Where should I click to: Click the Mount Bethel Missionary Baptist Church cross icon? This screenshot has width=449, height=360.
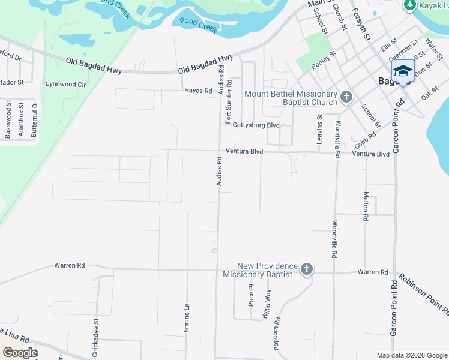pyautogui.click(x=346, y=97)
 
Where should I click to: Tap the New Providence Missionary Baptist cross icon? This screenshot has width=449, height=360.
pyautogui.click(x=306, y=269)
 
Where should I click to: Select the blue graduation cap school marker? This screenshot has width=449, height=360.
pyautogui.click(x=402, y=70)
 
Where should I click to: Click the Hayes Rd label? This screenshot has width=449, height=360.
pyautogui.click(x=198, y=91)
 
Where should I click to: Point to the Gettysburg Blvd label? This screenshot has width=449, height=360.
pyautogui.click(x=256, y=125)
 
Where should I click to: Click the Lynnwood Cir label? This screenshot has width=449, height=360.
pyautogui.click(x=70, y=85)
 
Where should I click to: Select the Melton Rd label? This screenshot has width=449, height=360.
pyautogui.click(x=365, y=206)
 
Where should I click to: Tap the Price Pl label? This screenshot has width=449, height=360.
pyautogui.click(x=251, y=295)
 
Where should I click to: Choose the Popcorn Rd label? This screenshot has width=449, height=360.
pyautogui.click(x=277, y=329)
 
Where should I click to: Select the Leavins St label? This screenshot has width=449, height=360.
pyautogui.click(x=319, y=130)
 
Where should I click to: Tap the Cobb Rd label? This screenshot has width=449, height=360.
pyautogui.click(x=365, y=140)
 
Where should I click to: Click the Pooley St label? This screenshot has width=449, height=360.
pyautogui.click(x=324, y=59)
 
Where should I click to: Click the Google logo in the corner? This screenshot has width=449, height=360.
pyautogui.click(x=20, y=352)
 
